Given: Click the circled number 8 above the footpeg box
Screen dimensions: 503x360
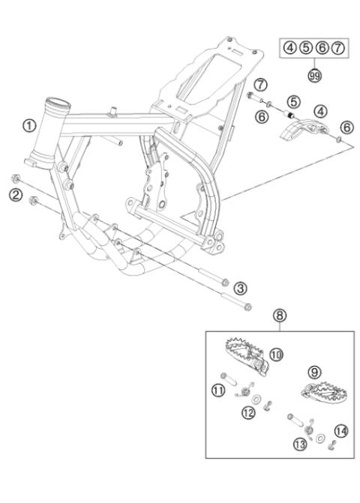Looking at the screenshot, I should [259, 316].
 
